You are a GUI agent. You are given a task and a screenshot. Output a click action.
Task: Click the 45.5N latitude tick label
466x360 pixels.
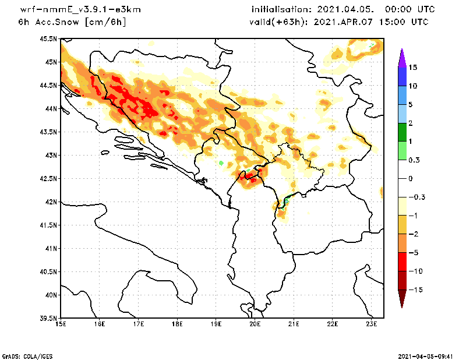49,38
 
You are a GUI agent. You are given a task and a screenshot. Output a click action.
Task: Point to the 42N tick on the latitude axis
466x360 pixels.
51,202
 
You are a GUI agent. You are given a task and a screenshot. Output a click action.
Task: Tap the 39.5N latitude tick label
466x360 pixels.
49,318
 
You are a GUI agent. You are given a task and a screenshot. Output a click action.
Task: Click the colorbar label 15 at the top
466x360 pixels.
412,67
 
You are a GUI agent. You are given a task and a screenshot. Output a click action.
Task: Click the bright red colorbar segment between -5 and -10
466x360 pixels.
401,262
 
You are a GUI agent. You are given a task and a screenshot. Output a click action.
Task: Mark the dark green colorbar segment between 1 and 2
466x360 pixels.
401,132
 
